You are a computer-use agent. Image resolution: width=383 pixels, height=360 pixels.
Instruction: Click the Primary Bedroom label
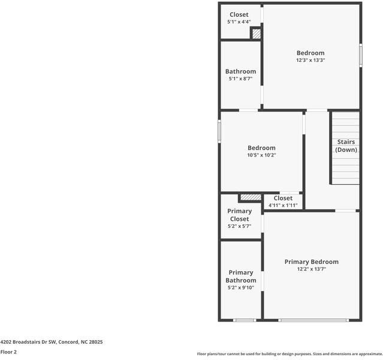(311, 262)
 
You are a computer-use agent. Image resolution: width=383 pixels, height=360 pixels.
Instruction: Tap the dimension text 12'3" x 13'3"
(310, 60)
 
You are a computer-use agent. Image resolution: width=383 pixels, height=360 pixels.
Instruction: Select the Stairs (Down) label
(346, 146)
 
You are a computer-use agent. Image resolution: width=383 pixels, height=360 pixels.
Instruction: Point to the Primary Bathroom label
(241, 277)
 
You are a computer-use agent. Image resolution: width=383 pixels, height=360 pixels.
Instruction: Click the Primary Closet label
(240, 215)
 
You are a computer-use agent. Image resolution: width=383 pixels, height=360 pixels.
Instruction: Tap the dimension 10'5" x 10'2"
(261, 155)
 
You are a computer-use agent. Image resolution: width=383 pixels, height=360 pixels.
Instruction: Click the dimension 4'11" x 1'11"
(283, 205)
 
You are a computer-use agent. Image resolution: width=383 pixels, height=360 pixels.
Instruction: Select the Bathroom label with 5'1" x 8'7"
(240, 71)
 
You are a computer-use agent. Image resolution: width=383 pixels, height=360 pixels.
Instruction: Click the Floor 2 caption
(8, 352)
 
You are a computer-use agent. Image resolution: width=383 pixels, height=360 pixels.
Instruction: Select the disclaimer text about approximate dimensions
(289, 354)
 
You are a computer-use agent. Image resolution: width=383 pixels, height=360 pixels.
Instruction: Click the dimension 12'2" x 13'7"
(311, 269)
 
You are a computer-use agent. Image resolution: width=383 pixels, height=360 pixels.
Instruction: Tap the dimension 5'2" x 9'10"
(241, 287)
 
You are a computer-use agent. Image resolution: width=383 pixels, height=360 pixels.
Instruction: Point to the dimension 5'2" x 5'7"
(240, 226)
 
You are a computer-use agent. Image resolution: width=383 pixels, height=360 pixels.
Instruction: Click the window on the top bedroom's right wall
(361, 56)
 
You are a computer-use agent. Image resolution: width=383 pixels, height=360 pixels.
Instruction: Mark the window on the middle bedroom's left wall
(219, 131)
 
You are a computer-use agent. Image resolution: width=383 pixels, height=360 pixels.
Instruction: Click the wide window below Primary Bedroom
(313, 320)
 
